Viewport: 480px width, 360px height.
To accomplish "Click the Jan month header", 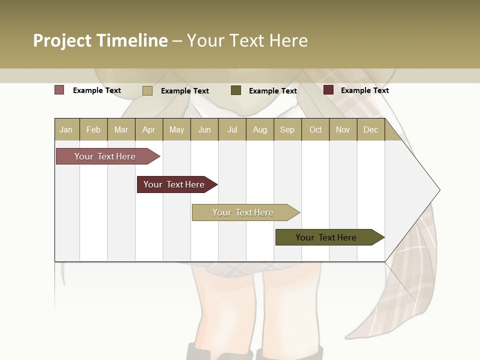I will [66, 129].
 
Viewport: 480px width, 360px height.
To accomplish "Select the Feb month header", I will [93, 129].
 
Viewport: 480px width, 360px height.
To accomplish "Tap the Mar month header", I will [121, 129].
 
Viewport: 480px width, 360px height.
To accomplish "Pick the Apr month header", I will [149, 129].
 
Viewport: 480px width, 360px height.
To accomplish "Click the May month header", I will [176, 129].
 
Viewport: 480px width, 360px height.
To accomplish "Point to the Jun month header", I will [204, 129].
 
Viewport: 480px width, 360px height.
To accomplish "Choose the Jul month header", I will [232, 129].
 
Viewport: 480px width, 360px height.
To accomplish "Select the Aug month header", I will [260, 129].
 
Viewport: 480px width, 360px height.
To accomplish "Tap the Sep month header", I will [287, 129].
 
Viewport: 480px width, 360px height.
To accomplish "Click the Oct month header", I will [315, 129].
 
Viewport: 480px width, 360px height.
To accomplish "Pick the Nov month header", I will [343, 129].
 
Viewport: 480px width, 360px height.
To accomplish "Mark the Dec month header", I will [370, 129].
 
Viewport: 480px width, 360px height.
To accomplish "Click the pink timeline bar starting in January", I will [105, 156].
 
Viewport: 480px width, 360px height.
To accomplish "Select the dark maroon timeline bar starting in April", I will [174, 184].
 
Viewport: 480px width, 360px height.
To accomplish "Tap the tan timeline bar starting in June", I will [243, 212].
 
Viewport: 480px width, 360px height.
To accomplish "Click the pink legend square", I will [59, 90].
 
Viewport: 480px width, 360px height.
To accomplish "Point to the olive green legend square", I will [236, 90].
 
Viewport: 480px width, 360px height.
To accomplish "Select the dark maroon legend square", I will [328, 90].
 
